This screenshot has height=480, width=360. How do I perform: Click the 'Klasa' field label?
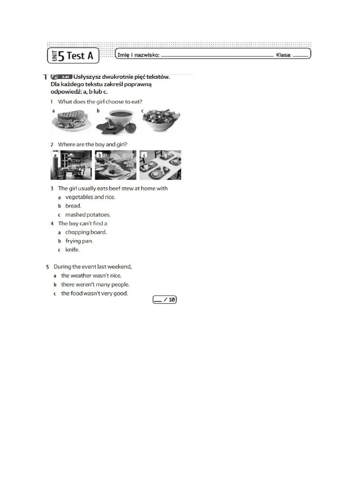coord(284,55)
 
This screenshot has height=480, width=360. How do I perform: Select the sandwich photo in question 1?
coord(71,121)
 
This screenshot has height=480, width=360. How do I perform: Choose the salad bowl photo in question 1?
coord(161,121)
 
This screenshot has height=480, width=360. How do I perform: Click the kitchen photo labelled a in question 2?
coord(71,165)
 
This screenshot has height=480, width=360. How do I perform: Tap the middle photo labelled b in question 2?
coord(116,165)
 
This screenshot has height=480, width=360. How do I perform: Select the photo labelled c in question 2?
coord(160,165)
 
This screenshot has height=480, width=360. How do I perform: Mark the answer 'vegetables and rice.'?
coord(90,197)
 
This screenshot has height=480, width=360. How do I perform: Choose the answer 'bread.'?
coord(73,206)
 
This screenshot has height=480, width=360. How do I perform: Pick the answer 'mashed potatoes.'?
coord(88,215)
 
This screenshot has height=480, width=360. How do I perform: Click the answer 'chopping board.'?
coord(86,232)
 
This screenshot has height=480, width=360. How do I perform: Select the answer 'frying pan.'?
coord(79,241)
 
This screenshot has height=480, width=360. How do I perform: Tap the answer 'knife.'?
coord(72,250)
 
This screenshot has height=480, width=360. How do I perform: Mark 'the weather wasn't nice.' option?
coord(91,276)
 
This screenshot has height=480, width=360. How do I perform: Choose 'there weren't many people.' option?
coord(95,285)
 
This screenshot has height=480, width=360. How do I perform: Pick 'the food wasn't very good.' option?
coord(94,293)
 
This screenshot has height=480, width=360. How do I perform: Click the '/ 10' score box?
coord(165,300)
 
